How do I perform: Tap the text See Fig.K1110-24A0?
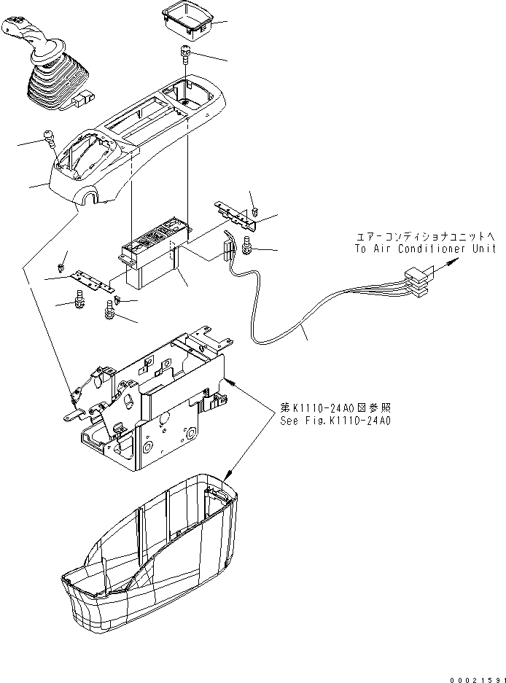(335, 421)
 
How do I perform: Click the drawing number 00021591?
(477, 677)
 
